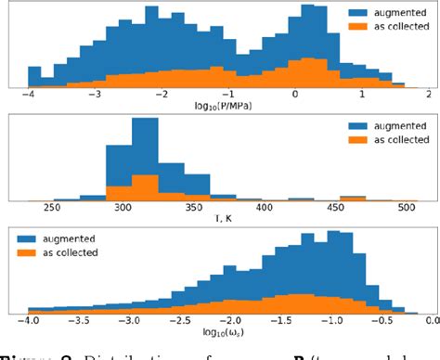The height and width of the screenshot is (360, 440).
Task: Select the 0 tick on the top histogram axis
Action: click(x=295, y=95)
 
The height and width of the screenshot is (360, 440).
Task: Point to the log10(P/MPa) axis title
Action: click(x=225, y=106)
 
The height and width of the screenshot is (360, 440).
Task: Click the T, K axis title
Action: click(x=224, y=218)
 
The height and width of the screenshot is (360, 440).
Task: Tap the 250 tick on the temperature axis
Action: click(x=65, y=207)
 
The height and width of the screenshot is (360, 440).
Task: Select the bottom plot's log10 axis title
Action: click(x=224, y=332)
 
